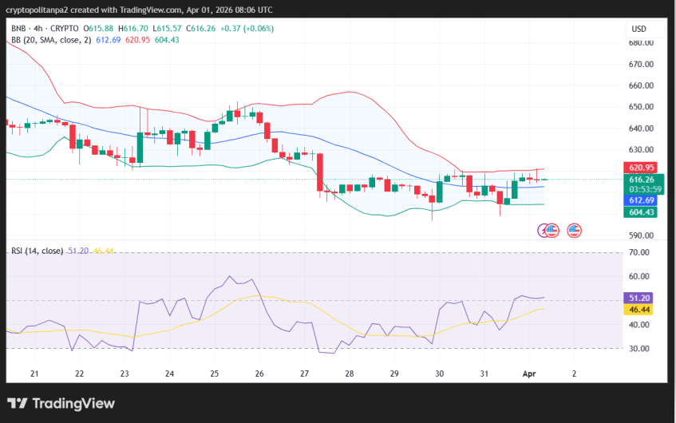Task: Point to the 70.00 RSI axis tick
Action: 638,252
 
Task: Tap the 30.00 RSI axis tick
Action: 638,349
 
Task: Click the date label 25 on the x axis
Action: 215,374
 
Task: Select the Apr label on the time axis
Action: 530,374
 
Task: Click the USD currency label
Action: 638,29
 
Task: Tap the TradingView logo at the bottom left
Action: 61,404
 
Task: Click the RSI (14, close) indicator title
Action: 37,251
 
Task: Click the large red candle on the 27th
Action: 320,172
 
